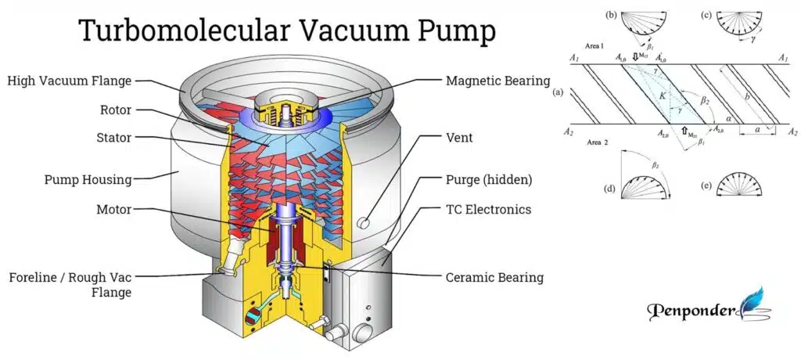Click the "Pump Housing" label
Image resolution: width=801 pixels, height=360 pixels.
pyautogui.click(x=88, y=179)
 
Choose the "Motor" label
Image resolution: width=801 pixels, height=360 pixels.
pyautogui.click(x=106, y=210)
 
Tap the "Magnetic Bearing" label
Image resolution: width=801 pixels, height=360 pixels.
pyautogui.click(x=497, y=80)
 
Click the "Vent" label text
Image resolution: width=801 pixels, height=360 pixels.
pyautogui.click(x=460, y=138)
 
